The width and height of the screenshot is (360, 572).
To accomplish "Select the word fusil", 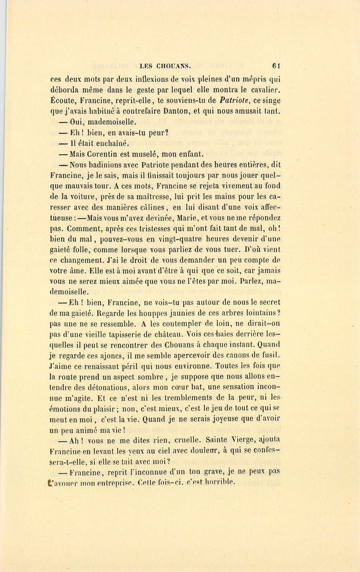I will click(272, 355).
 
